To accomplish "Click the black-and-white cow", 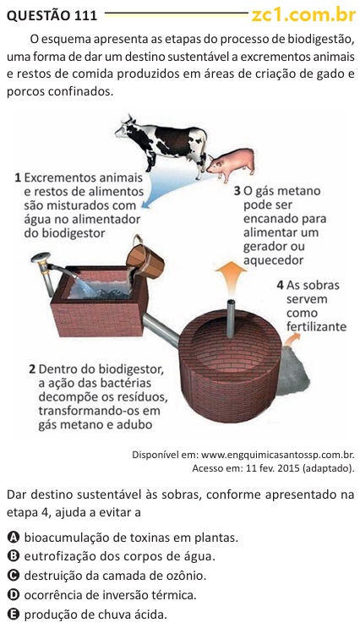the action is (162, 145).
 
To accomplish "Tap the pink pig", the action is (232, 164).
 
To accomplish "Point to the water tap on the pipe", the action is (41, 259).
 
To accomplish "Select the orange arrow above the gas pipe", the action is (231, 276).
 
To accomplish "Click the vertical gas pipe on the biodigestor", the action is (230, 319).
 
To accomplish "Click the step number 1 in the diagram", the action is (18, 177).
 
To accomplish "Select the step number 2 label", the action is (32, 369).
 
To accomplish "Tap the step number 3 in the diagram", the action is (237, 191).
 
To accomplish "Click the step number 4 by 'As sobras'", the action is (281, 285).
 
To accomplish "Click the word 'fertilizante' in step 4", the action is (316, 326).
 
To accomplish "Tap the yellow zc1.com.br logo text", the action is (303, 15).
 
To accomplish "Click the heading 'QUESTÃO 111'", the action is (52, 15).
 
